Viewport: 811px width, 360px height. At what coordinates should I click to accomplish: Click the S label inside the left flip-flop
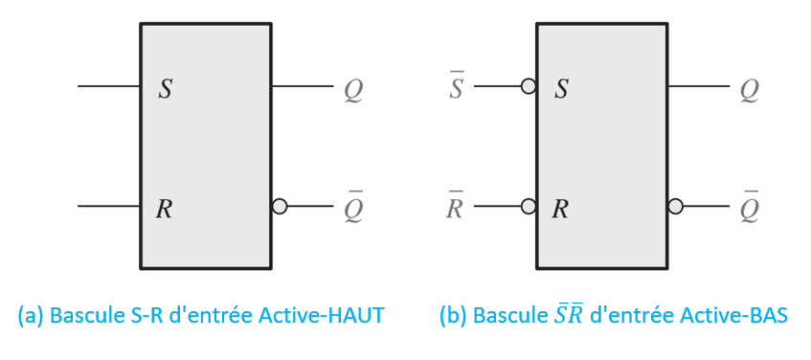(x=166, y=90)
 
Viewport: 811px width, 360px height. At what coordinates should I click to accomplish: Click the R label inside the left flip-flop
(x=164, y=208)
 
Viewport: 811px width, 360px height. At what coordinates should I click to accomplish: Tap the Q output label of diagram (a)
(x=353, y=91)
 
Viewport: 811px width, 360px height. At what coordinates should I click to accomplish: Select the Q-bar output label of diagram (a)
(x=353, y=209)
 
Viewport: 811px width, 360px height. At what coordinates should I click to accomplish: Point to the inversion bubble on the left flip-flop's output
(x=280, y=206)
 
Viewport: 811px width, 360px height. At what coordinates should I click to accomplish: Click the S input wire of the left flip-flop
(x=108, y=86)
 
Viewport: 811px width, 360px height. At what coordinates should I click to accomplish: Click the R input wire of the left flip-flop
(x=108, y=206)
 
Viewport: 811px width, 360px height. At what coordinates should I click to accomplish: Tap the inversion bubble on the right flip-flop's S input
(x=528, y=86)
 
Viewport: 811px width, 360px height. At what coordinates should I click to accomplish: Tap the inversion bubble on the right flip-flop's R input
(x=528, y=206)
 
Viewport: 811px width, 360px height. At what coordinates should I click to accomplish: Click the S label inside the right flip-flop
(x=562, y=90)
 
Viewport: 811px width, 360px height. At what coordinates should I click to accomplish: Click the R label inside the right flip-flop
(x=560, y=208)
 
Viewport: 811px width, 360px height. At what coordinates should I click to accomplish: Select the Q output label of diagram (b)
(x=749, y=91)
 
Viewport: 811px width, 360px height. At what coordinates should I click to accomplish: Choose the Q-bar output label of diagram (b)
(x=749, y=209)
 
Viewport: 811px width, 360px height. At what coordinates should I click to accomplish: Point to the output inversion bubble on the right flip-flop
(x=675, y=206)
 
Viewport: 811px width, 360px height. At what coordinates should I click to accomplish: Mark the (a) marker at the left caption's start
(x=32, y=315)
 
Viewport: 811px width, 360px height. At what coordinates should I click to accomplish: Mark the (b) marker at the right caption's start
(x=453, y=315)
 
